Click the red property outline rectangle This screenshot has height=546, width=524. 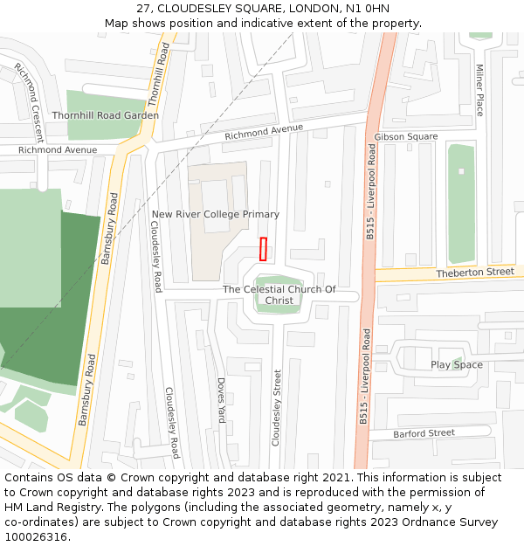click(x=263, y=249)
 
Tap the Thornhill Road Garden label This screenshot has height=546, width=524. click(x=105, y=115)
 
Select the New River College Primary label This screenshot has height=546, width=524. click(x=216, y=214)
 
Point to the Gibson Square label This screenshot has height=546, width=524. click(x=405, y=137)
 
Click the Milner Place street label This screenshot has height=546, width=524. click(x=479, y=90)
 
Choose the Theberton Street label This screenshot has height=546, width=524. click(x=475, y=273)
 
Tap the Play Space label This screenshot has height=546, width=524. click(x=456, y=364)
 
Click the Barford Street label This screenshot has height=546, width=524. click(x=424, y=433)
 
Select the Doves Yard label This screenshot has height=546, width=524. click(x=221, y=401)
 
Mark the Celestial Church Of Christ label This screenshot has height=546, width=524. click(x=279, y=294)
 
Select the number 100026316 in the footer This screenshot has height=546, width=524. click(x=35, y=537)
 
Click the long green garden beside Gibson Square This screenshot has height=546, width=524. click(x=460, y=204)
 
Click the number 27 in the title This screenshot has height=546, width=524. click(x=144, y=9)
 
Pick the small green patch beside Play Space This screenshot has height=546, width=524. click(x=457, y=362)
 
